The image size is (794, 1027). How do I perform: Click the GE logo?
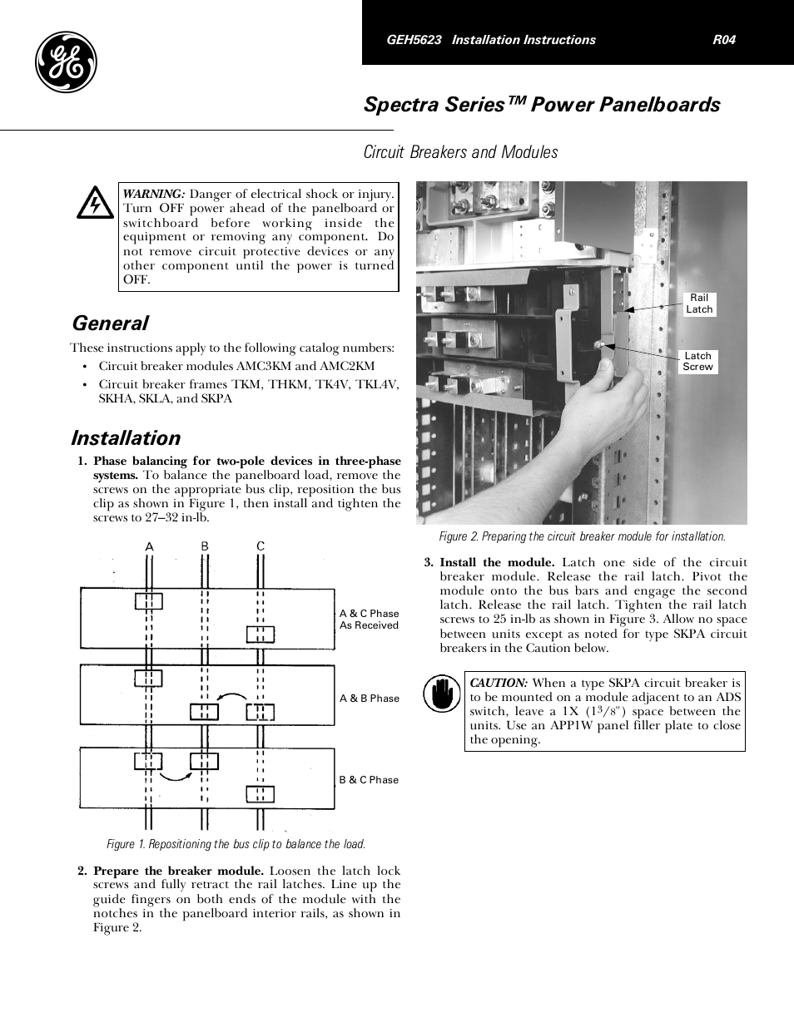(66, 63)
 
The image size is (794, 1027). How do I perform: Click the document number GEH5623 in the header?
(414, 40)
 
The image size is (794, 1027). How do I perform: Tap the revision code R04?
(724, 40)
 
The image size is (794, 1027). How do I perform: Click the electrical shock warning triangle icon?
(95, 203)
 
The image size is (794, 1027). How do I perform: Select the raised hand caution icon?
(441, 694)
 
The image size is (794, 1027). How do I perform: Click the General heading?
(110, 323)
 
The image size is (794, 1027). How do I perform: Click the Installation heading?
(126, 438)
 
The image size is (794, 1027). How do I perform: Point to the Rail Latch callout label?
(699, 304)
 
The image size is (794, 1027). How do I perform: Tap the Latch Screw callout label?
(697, 361)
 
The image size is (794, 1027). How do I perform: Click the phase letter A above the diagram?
(150, 546)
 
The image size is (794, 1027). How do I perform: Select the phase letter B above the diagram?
(205, 546)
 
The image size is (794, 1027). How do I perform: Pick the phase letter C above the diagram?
(261, 546)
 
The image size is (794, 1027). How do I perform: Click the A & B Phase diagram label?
(369, 699)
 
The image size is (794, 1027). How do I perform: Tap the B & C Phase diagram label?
(369, 780)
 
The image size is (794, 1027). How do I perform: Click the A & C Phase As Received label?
(369, 620)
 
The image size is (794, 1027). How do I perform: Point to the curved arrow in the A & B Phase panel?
(232, 697)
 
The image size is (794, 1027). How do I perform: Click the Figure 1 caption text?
(236, 844)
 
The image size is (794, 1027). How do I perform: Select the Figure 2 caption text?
(582, 536)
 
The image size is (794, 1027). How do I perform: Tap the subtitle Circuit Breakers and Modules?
(460, 152)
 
